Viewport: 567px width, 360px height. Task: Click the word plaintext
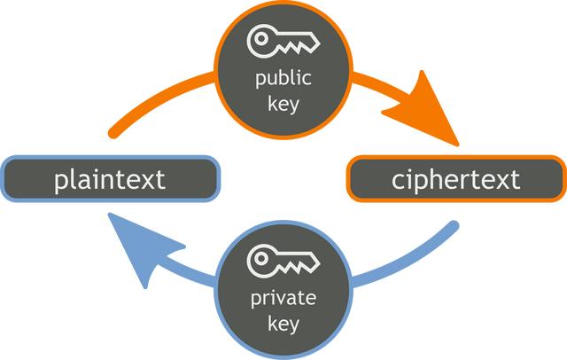pos(109,180)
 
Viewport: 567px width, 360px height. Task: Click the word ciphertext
pos(455,180)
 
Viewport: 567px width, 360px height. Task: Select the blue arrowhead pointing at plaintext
pos(133,252)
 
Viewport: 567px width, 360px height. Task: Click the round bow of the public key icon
pos(261,38)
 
